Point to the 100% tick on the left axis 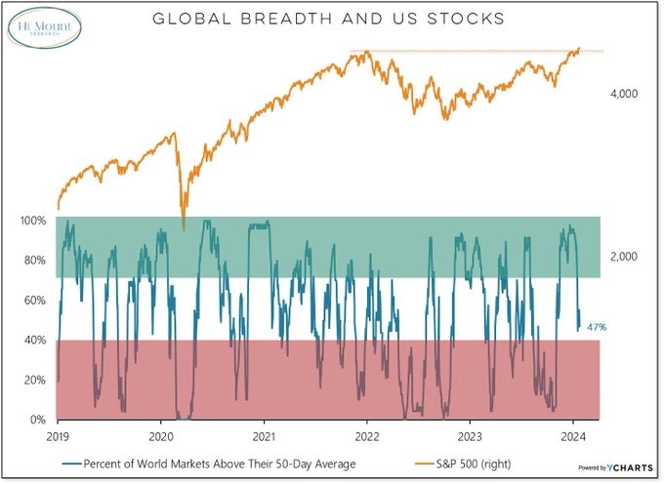click(32, 221)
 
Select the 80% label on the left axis click(34, 261)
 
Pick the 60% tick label click(34, 301)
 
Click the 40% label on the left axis click(34, 341)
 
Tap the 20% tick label click(34, 380)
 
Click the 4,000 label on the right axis click(623, 94)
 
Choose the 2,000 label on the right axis click(623, 256)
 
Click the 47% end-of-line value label click(596, 327)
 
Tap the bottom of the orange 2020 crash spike click(184, 229)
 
